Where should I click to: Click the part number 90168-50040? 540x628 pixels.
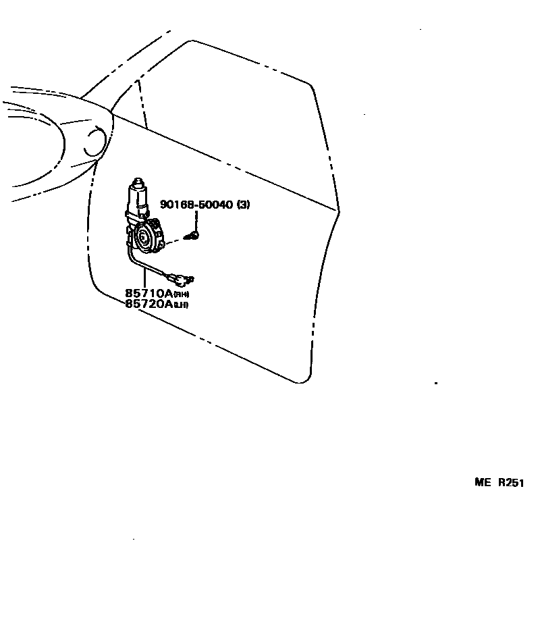coord(196,205)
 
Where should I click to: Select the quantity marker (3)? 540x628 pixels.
coord(242,205)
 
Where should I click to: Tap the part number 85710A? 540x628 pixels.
coord(148,293)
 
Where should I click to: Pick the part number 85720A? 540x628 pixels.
coord(148,304)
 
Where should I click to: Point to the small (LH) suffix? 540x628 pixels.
coord(180,305)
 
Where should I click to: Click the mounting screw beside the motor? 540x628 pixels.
coord(194,236)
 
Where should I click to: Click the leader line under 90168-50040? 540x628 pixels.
coord(197,220)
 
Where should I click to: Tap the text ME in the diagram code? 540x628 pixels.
coord(482,483)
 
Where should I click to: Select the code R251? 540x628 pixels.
coord(511,483)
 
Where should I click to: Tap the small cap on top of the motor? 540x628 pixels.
coord(138,181)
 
